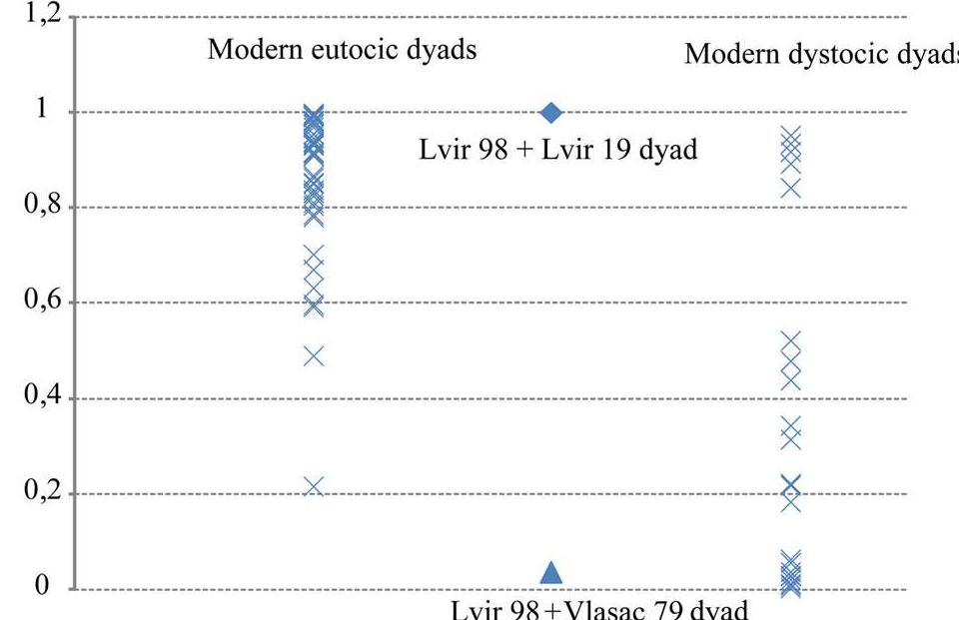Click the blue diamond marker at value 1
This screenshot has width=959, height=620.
tap(551, 112)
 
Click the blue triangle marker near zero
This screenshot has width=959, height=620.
tap(551, 573)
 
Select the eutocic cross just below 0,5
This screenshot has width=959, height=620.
tap(314, 356)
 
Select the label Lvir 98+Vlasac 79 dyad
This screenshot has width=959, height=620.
tap(598, 609)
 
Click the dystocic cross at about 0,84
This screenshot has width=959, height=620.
tap(790, 189)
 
